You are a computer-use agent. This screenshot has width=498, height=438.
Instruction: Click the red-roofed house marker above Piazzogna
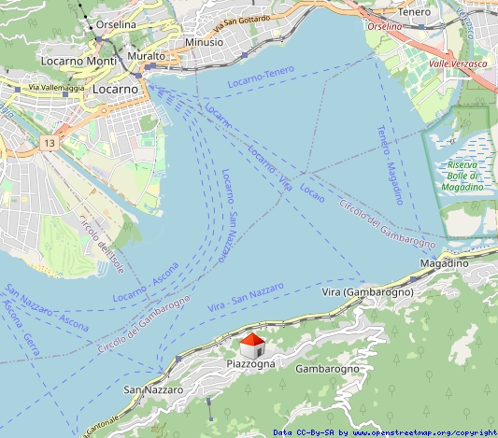252,344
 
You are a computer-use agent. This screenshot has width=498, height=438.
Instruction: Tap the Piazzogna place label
251,363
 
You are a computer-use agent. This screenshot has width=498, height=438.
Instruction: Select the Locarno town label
116,89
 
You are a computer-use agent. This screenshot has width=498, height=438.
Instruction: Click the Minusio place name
204,42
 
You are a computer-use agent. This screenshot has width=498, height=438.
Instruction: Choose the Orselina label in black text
116,23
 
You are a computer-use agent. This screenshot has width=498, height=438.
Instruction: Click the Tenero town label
414,11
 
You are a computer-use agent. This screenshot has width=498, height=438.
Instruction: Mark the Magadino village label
444,264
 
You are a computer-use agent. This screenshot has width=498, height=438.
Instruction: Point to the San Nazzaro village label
153,389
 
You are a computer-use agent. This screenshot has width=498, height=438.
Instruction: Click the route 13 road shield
49,144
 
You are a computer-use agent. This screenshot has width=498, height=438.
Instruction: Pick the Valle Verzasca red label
458,64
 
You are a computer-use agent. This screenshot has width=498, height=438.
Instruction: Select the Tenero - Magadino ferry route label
391,164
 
